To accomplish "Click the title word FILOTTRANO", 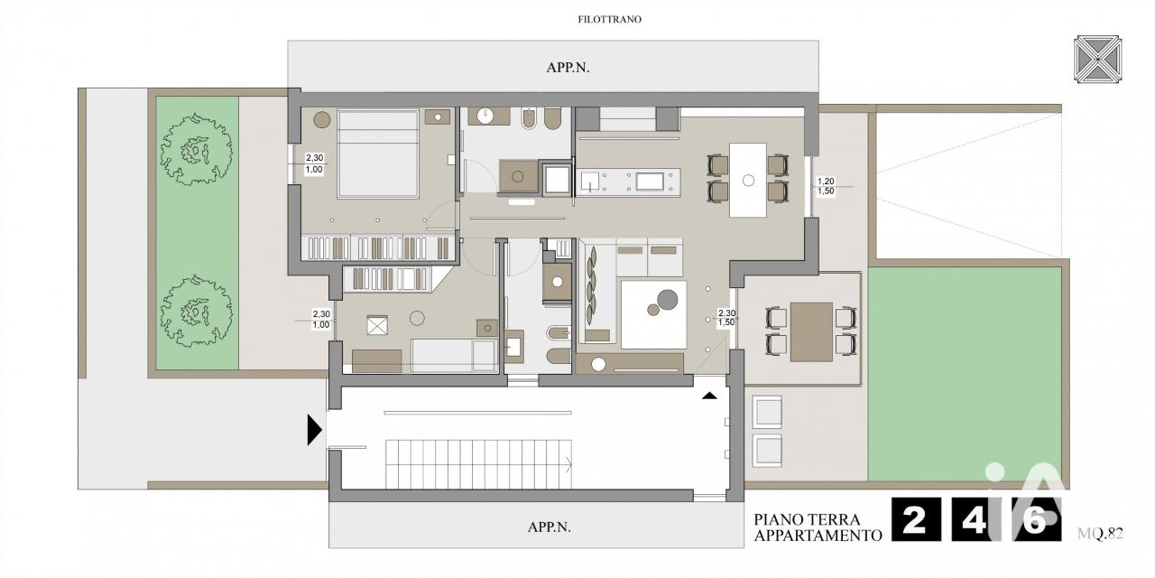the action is (x=609, y=20).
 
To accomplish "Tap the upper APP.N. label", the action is (x=568, y=68).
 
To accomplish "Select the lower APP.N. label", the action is (x=550, y=527).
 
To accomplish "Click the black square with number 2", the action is (x=916, y=519).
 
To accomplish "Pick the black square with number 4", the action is (x=975, y=519).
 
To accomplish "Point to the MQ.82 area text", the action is (x=1100, y=533).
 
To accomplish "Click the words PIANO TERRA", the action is (x=807, y=519).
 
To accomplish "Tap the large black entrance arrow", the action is (x=315, y=429).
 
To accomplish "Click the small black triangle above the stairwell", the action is (x=709, y=396).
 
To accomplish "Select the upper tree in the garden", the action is (x=196, y=149).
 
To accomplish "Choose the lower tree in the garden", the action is (x=196, y=311).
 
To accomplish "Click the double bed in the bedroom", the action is (x=377, y=154).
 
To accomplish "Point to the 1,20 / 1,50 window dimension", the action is (x=826, y=186).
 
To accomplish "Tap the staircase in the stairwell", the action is (x=478, y=463).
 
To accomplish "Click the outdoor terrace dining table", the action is (x=811, y=331).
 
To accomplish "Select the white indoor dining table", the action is (x=748, y=180).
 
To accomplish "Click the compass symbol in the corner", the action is (x=1098, y=59).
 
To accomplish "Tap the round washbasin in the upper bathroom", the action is (x=485, y=117).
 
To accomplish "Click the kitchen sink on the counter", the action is (x=590, y=182).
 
